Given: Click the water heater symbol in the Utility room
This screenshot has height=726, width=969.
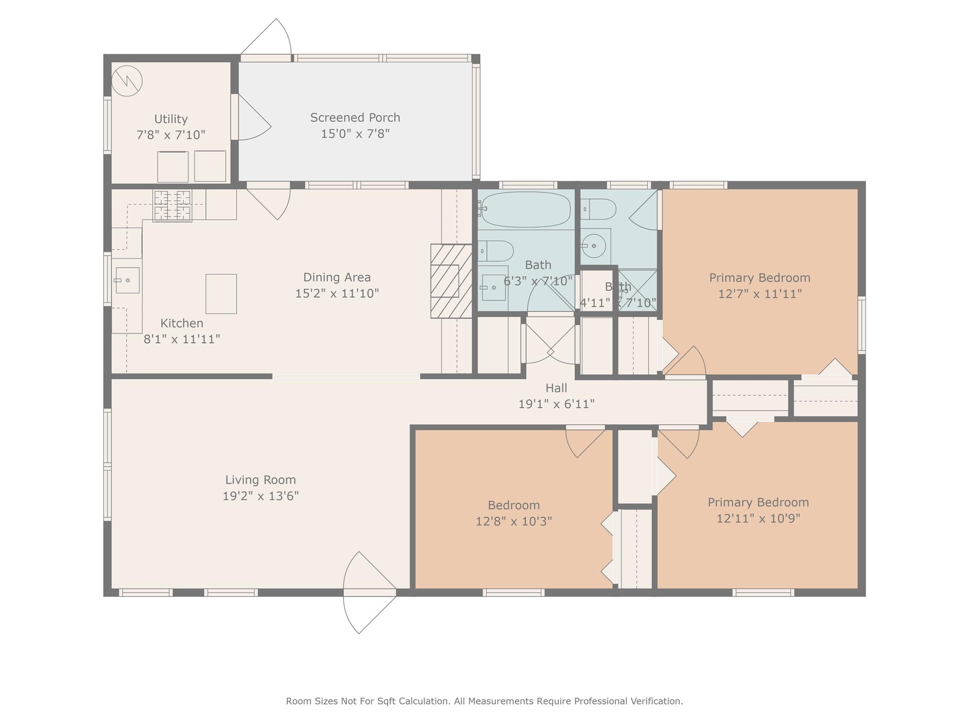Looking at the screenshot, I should coord(127,80).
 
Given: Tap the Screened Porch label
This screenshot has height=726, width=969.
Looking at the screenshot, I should coord(355,117).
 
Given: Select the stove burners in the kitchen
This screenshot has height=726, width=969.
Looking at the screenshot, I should coord(172,206).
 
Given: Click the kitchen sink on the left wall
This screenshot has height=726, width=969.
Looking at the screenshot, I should coord(127,280).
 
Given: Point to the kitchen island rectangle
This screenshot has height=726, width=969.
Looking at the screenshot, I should coord(221,294).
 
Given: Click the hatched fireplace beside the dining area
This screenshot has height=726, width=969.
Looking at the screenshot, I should coord(451,281).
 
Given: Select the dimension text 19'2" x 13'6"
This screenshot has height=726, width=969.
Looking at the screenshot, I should coord(261,496).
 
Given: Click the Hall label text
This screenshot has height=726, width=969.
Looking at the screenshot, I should coord(556,388).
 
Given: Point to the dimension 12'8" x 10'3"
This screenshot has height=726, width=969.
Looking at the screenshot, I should coord(514,521).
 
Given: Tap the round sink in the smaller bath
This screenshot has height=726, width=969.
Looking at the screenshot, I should coord(593,246).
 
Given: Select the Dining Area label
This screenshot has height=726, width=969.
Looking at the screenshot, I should coord(337,277).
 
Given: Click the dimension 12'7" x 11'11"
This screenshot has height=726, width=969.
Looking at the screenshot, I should coord(760,294).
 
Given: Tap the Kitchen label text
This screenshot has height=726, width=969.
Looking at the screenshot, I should coord(182,323).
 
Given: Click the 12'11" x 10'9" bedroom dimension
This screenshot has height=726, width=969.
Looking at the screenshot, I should coord(758,518).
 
